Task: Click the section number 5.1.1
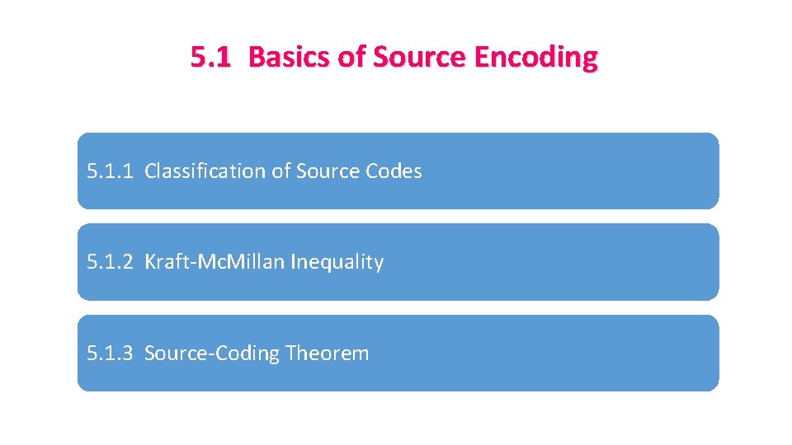click(111, 171)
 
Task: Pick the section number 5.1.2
click(111, 262)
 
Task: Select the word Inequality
click(337, 263)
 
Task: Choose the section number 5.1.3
click(111, 354)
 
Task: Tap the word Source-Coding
click(212, 354)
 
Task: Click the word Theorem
click(328, 354)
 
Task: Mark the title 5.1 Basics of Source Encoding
click(394, 58)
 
